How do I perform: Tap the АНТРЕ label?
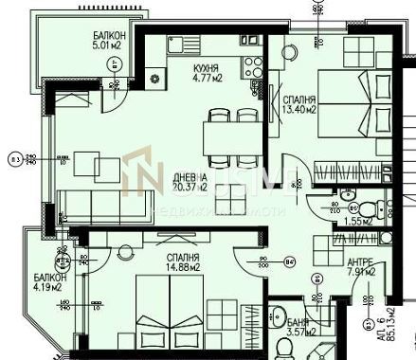359,268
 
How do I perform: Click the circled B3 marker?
13,159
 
